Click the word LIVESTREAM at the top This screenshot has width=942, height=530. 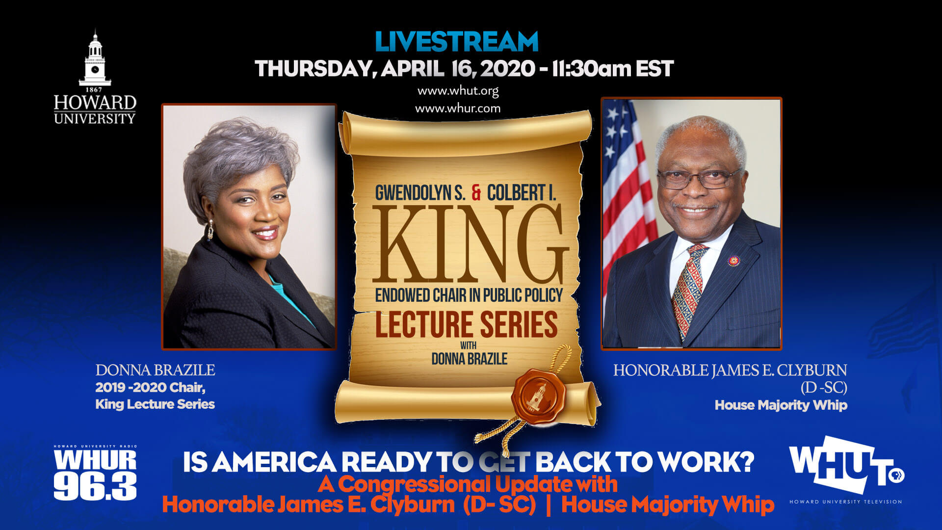click(x=456, y=42)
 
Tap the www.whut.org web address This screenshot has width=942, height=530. click(x=458, y=91)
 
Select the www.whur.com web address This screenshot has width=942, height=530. click(x=458, y=108)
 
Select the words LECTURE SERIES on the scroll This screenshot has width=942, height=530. click(x=466, y=324)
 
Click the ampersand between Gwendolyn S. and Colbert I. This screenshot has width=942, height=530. click(x=476, y=193)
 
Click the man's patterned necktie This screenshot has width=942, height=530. click(x=688, y=290)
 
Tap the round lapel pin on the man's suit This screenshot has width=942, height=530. click(x=733, y=261)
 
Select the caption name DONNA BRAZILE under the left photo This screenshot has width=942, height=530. click(x=155, y=370)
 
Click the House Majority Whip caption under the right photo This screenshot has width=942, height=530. click(x=781, y=405)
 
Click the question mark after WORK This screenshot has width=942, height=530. click(x=746, y=462)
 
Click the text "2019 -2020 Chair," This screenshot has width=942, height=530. click(x=150, y=388)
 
